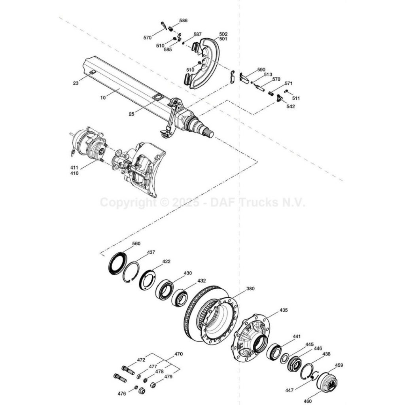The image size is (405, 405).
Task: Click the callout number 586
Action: (x=184, y=21)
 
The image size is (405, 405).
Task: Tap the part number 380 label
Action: (x=250, y=288)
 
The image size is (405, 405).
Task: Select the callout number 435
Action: (x=284, y=310)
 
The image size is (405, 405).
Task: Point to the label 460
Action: (x=308, y=401)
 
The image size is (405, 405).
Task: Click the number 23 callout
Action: (x=76, y=83)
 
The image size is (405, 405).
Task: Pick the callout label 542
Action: (x=291, y=106)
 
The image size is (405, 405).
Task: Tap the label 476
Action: (x=122, y=394)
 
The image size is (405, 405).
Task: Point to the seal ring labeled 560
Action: (x=118, y=264)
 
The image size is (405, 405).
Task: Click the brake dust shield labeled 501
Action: (x=204, y=63)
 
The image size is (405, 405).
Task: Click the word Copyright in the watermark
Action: (x=128, y=202)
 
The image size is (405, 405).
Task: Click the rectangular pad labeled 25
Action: (x=158, y=97)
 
